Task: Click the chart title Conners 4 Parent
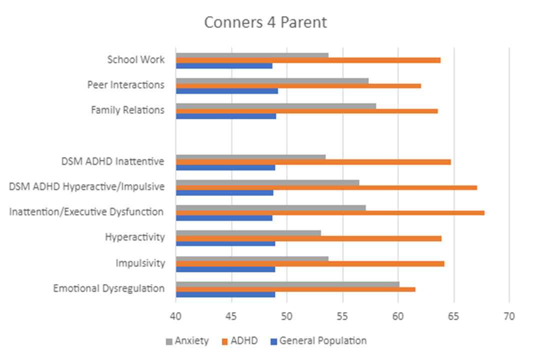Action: [265, 22]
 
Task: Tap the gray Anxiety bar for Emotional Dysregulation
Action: [287, 284]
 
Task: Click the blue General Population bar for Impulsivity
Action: [225, 269]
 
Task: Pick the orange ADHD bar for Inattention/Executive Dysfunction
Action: [330, 212]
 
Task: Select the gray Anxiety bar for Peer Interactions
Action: [272, 80]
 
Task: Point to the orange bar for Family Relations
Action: [306, 111]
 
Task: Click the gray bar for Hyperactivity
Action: [248, 232]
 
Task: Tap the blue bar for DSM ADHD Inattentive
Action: [225, 167]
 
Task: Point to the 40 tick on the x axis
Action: [176, 317]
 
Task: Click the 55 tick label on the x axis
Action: [342, 317]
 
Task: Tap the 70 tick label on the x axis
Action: [509, 317]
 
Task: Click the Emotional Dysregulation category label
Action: [109, 288]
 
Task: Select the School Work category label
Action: [135, 60]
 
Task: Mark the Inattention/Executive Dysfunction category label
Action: [86, 212]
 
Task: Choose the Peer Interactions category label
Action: [125, 85]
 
